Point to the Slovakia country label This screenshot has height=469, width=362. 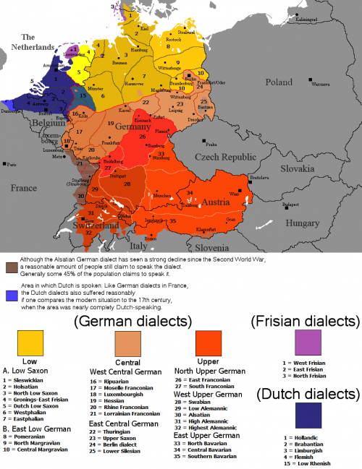tap(297, 168)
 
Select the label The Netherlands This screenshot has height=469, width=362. tap(29, 42)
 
